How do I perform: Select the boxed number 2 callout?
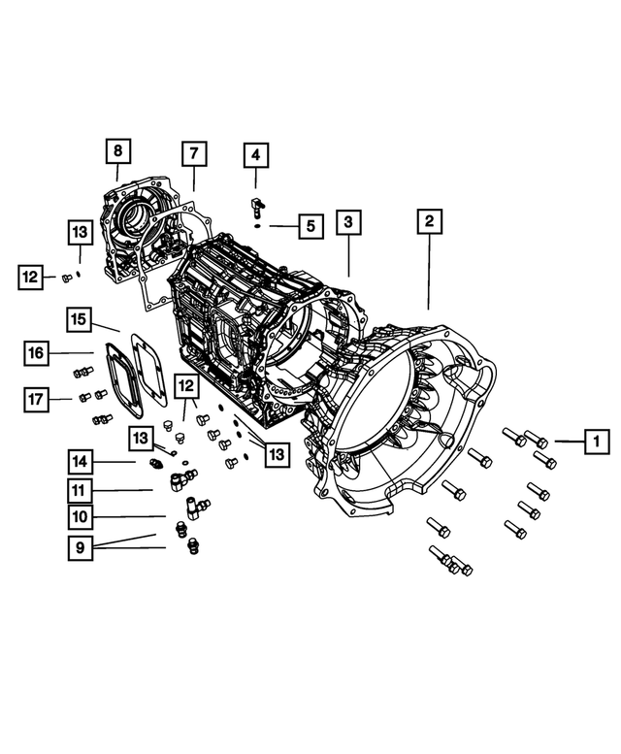click(427, 221)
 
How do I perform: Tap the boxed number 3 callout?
click(348, 222)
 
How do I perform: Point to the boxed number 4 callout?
click(255, 155)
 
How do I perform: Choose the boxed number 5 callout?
click(309, 227)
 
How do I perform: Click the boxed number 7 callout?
click(192, 154)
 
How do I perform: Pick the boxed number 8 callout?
click(117, 152)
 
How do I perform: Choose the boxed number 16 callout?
click(35, 353)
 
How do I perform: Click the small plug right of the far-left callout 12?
click(64, 278)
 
